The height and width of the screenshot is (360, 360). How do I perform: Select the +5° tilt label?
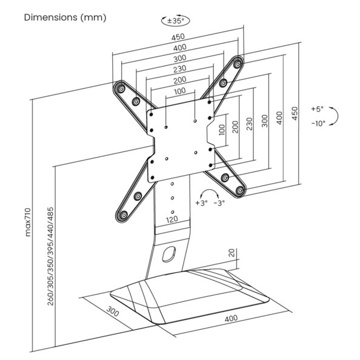pyautogui.click(x=317, y=109)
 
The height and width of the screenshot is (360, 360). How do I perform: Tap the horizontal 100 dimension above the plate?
pyautogui.click(x=180, y=91)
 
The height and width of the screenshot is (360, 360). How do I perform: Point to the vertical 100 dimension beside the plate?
pyautogui.click(x=222, y=128)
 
